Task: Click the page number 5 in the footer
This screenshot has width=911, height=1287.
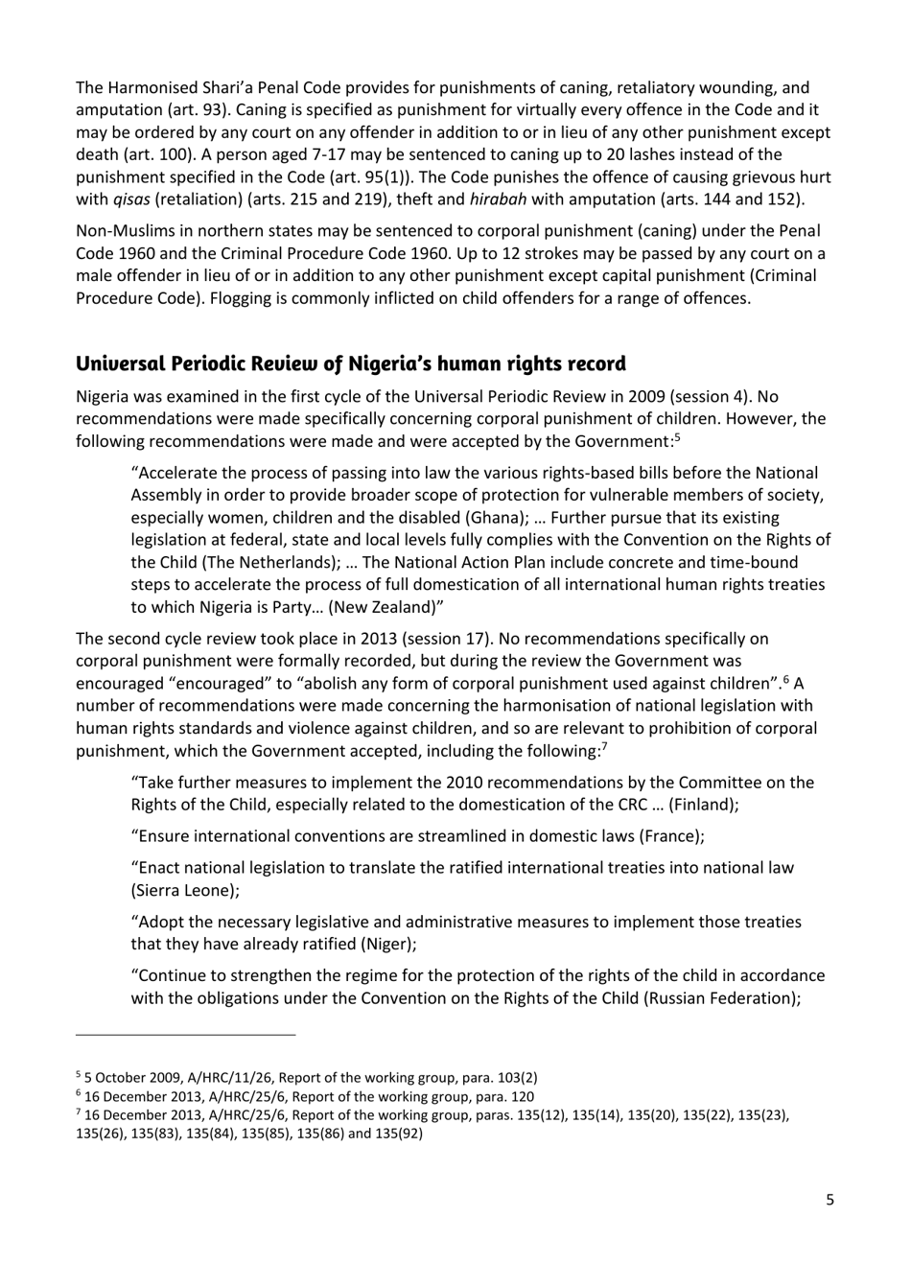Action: coord(829,1199)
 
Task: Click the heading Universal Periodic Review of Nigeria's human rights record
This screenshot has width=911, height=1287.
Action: coord(350,364)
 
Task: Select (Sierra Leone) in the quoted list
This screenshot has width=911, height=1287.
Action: coord(184,890)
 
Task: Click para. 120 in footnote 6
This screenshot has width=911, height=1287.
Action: coord(502,1096)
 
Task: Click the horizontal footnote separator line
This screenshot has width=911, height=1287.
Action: coord(186,1035)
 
